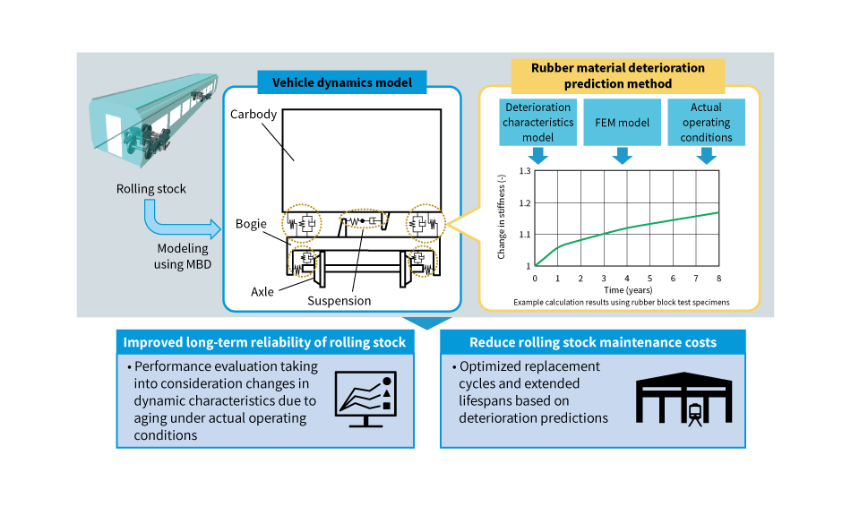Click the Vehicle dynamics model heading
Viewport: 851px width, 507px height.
pyautogui.click(x=341, y=82)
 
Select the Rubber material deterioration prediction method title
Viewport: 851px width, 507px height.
pyautogui.click(x=618, y=75)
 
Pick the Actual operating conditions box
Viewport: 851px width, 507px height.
pyautogui.click(x=706, y=123)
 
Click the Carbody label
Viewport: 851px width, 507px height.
pyautogui.click(x=254, y=115)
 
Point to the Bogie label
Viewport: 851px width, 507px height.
pyautogui.click(x=252, y=224)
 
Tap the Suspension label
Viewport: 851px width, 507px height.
pyautogui.click(x=340, y=301)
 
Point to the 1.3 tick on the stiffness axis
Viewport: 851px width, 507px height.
pyautogui.click(x=524, y=171)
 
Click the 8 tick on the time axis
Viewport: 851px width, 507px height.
pyautogui.click(x=718, y=278)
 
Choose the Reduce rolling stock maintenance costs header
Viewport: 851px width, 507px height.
pyautogui.click(x=592, y=342)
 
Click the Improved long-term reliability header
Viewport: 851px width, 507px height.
pyautogui.click(x=264, y=342)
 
